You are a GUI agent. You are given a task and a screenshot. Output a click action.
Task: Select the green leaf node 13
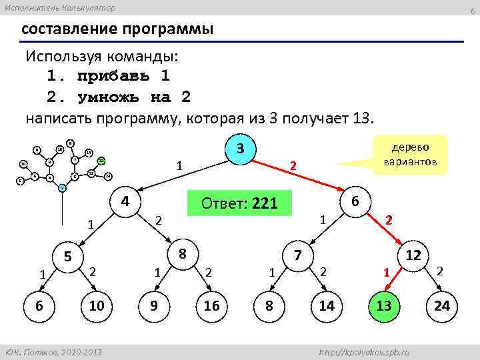383,305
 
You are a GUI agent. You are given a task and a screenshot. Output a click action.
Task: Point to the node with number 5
67,256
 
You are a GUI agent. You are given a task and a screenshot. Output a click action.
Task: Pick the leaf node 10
96,305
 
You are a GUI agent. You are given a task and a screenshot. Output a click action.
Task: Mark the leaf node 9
154,305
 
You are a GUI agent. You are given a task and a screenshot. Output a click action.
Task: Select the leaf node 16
211,305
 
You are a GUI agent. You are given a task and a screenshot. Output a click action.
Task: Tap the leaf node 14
327,305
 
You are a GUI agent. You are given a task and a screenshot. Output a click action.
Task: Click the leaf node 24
442,305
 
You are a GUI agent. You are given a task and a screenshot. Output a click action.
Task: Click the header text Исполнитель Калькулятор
60,7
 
